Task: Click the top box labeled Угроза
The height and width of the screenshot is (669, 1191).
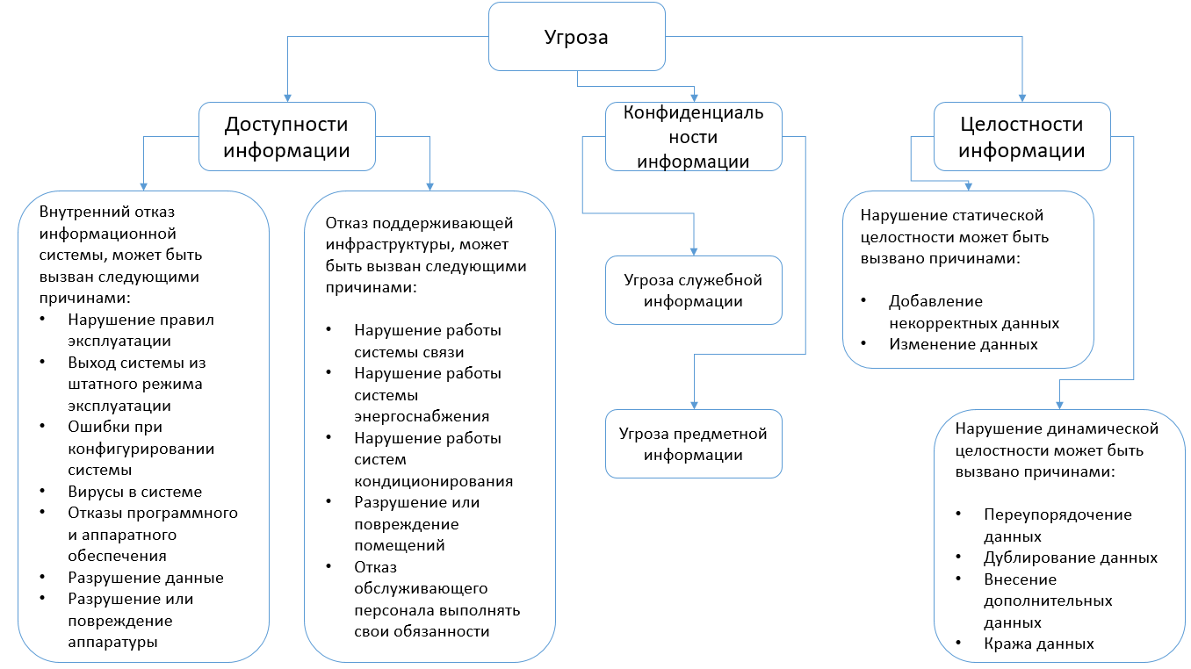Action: [x=576, y=38]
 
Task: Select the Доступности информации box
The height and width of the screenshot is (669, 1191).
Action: [x=286, y=137]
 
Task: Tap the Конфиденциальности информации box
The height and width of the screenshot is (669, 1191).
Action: [x=693, y=137]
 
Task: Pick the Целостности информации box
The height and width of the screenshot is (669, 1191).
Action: [x=1021, y=137]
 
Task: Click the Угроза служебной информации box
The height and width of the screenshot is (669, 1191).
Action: [x=693, y=291]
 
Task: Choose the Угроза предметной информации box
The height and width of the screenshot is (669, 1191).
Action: [x=693, y=444]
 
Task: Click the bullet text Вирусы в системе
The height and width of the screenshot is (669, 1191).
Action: [x=134, y=492]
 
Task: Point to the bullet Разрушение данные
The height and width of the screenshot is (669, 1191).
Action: [x=146, y=578]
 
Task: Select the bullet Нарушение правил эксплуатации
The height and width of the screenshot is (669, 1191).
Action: [x=141, y=330]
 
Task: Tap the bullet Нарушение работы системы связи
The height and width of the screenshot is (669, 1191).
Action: [x=428, y=341]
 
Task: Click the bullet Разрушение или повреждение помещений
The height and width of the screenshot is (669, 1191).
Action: [x=416, y=523]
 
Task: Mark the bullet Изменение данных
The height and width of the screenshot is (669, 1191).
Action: [x=964, y=344]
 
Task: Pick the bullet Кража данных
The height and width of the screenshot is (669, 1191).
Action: [x=1027, y=644]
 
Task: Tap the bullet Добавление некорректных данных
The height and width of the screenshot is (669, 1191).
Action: [x=974, y=312]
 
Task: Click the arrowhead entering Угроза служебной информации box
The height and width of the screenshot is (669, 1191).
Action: [x=694, y=251]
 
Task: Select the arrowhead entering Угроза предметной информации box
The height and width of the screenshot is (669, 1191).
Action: [x=694, y=405]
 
